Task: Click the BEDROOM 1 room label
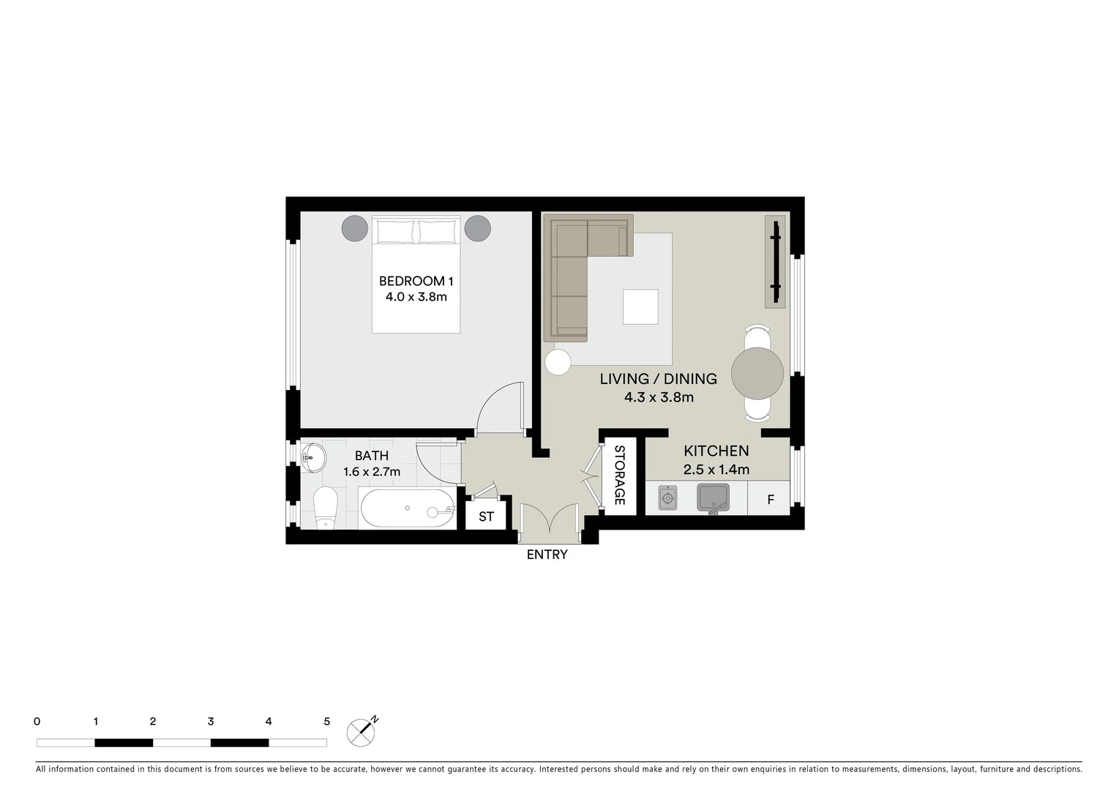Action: pyautogui.click(x=416, y=281)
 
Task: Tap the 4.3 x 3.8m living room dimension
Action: pyautogui.click(x=658, y=397)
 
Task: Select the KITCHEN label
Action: pyautogui.click(x=716, y=451)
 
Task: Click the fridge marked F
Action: pyautogui.click(x=770, y=500)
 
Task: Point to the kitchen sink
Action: pyautogui.click(x=713, y=498)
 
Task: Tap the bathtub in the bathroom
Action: pyautogui.click(x=407, y=508)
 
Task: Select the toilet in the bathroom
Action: pyautogui.click(x=324, y=508)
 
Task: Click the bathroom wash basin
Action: pyautogui.click(x=313, y=458)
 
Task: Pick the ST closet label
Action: pyautogui.click(x=486, y=516)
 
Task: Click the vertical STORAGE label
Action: pyautogui.click(x=619, y=475)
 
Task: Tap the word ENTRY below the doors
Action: pyautogui.click(x=547, y=554)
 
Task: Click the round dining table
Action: pyautogui.click(x=757, y=373)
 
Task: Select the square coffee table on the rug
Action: pyautogui.click(x=640, y=306)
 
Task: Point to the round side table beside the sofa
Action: pyautogui.click(x=558, y=362)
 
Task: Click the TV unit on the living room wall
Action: pyautogui.click(x=775, y=261)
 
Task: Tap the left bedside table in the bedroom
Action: pyautogui.click(x=354, y=228)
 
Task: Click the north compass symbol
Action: pyautogui.click(x=361, y=731)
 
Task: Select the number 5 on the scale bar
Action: pyautogui.click(x=326, y=721)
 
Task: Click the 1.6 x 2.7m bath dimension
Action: pyautogui.click(x=372, y=472)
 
